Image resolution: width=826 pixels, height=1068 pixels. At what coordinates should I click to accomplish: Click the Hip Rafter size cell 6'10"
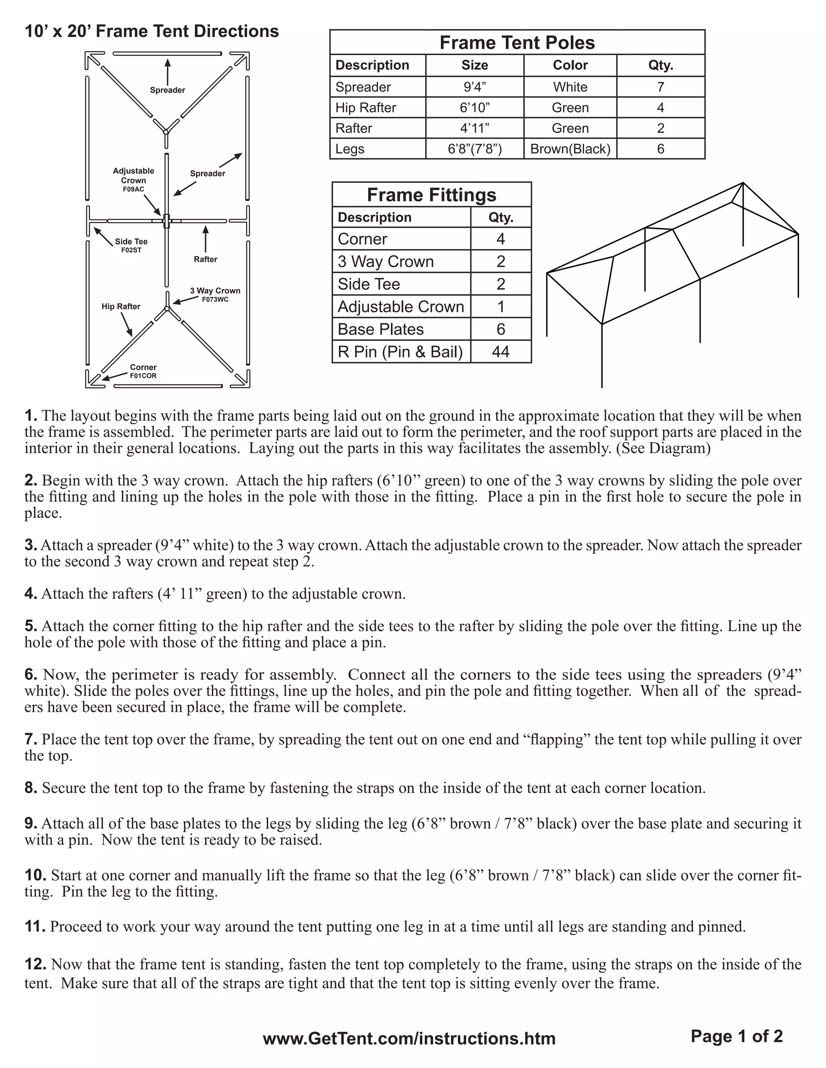[475, 108]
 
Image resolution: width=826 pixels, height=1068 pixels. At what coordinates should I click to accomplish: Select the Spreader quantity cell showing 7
[660, 87]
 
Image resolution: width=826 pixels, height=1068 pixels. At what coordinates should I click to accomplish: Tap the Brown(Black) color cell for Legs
[570, 149]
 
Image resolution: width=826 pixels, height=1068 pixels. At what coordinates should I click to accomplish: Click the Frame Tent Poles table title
[517, 43]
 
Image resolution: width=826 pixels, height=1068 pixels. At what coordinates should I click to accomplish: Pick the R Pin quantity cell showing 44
[501, 351]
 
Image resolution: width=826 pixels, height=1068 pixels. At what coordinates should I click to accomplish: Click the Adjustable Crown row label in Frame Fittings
[401, 307]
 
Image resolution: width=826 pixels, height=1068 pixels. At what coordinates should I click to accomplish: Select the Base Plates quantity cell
[501, 329]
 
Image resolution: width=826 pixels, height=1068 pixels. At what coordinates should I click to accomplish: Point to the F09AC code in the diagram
[133, 189]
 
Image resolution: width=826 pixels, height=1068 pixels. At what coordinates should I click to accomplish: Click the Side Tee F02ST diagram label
[131, 245]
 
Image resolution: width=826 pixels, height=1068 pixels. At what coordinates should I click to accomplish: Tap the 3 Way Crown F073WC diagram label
[215, 295]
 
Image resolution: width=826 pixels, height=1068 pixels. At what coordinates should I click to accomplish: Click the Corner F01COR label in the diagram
[143, 371]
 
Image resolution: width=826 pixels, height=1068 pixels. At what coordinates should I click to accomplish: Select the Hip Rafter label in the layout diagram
[121, 307]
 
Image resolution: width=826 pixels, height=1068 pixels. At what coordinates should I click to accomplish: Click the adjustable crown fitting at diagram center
[167, 220]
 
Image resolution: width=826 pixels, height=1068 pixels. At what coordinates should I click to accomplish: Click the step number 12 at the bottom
[35, 964]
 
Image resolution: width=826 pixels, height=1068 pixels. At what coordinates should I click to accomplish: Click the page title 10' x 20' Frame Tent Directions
[152, 31]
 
